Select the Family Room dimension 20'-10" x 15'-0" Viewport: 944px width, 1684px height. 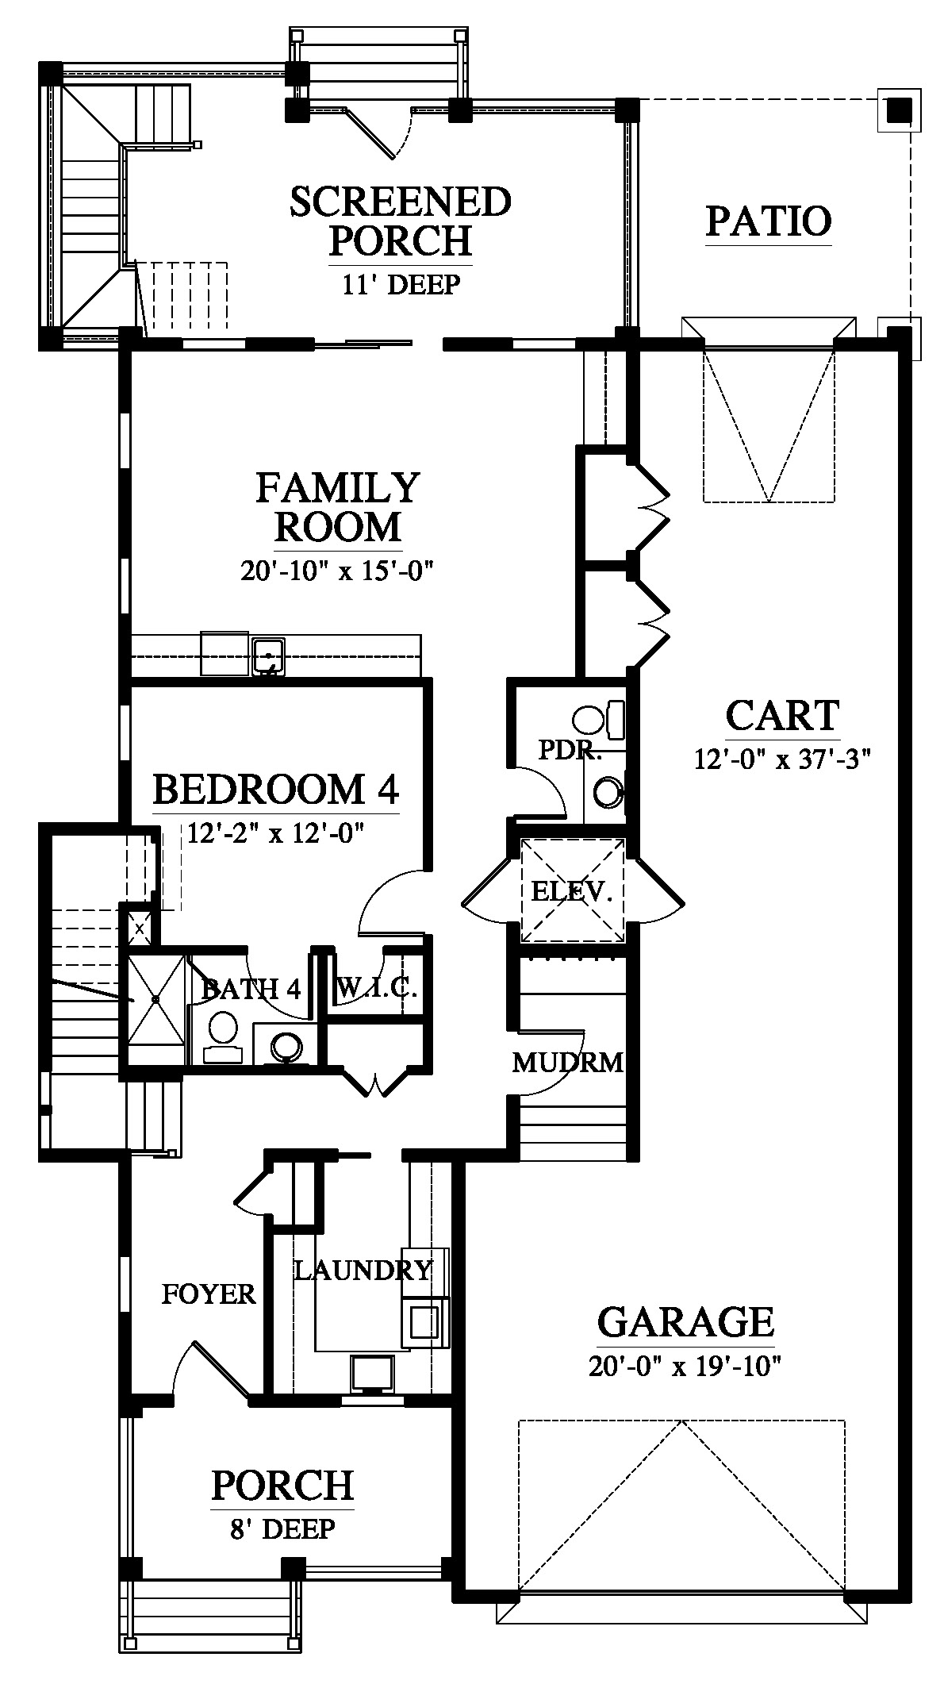(x=340, y=571)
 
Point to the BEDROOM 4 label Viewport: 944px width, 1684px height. (x=275, y=790)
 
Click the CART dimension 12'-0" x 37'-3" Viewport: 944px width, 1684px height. (x=783, y=759)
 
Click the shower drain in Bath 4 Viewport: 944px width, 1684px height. (x=156, y=998)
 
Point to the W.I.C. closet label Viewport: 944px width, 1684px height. (x=377, y=989)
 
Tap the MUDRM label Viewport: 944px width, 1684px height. (x=568, y=1062)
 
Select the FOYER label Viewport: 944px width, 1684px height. (x=209, y=1294)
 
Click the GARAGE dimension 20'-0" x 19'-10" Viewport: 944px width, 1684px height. (x=685, y=1367)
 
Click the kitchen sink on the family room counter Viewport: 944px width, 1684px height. (x=269, y=656)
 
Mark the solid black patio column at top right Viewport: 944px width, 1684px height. (x=899, y=110)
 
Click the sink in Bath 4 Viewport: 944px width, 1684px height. (x=286, y=1046)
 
